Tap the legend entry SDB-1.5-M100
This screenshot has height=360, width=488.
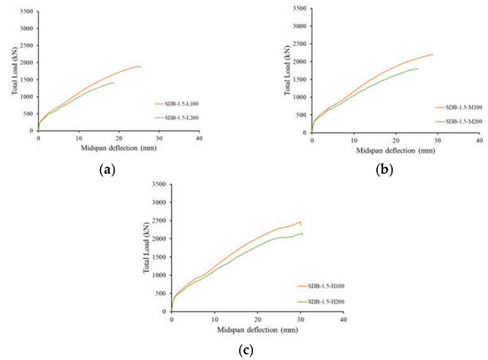(x=456, y=106)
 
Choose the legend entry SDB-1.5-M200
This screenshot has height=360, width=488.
(x=456, y=120)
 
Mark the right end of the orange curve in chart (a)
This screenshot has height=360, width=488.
(x=140, y=67)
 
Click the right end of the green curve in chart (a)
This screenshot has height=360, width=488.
(x=114, y=82)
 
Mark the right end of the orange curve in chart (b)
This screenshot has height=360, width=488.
(x=433, y=54)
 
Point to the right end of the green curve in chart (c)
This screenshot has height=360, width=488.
(x=303, y=234)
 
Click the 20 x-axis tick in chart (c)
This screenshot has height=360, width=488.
(x=257, y=321)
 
